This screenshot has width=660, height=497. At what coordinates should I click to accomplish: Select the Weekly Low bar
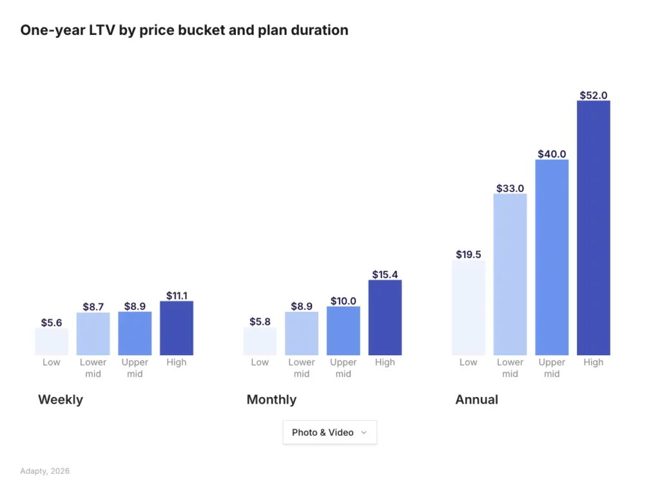coord(52,342)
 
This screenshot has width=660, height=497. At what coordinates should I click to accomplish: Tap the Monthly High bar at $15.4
coord(385,317)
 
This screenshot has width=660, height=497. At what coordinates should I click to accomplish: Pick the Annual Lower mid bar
coord(510,274)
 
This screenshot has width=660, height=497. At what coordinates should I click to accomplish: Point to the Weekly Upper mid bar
coord(135,333)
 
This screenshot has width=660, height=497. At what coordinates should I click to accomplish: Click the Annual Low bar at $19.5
coord(469,307)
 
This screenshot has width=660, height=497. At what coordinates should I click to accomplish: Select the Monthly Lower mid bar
coord(302,333)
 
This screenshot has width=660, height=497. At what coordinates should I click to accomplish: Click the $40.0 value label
coord(552,154)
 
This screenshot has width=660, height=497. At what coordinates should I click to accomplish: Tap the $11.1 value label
coord(177,296)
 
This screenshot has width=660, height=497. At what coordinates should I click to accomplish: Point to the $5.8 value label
coord(260,322)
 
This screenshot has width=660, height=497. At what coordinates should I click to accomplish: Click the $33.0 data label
coord(510,188)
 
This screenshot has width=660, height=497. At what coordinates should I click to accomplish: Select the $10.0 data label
coord(343,301)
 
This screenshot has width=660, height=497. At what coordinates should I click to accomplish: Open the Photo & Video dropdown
coord(329,433)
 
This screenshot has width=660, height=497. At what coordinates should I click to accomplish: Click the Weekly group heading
coord(61,400)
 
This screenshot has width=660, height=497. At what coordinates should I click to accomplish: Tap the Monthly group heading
coord(271,400)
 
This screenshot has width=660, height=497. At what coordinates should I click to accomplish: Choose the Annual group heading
coord(477,400)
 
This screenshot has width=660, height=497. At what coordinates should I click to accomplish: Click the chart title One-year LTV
coord(184,30)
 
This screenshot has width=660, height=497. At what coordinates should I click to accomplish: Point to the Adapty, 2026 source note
coord(45,471)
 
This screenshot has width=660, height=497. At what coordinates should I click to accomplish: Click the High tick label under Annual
coord(593,362)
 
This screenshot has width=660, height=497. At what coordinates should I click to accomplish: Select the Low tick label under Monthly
coord(260,362)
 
